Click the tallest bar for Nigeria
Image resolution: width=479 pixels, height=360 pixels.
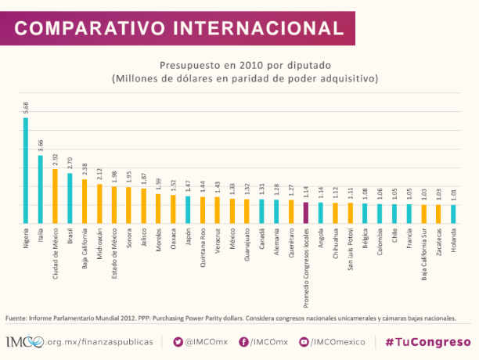click(x=26, y=171)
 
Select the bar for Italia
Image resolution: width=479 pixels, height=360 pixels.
click(x=40, y=189)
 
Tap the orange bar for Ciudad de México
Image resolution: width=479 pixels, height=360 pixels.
click(x=55, y=196)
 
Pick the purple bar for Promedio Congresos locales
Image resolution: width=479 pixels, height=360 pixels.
click(x=306, y=213)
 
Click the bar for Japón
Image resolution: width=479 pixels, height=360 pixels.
click(x=188, y=210)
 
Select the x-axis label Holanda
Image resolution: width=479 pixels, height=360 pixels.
click(x=453, y=239)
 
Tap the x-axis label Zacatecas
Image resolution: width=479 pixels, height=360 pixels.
click(x=438, y=243)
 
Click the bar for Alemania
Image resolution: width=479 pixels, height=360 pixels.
click(x=276, y=211)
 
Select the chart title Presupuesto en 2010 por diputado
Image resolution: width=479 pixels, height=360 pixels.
click(x=245, y=65)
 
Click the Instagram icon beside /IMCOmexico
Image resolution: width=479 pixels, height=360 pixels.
click(x=303, y=342)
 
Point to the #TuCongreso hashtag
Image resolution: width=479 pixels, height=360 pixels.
click(x=427, y=342)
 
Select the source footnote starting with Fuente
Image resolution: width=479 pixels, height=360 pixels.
click(x=230, y=319)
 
